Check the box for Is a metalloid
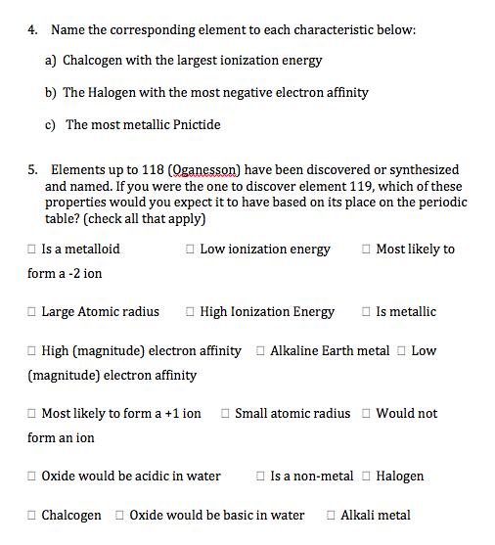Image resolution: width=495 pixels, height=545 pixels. (32, 250)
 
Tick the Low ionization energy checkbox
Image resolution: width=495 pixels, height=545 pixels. (190, 250)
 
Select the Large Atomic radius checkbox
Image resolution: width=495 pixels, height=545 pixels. (32, 312)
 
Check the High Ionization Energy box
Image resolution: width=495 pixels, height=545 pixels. (190, 312)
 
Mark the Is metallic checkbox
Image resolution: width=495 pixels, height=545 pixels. (366, 312)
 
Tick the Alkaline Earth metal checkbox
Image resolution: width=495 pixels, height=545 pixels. (260, 350)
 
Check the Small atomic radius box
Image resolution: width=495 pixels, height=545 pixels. (225, 414)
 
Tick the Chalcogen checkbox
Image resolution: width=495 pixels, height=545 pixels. (32, 516)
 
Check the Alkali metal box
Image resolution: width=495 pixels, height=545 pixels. (331, 516)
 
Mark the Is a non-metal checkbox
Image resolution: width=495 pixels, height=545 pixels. (260, 477)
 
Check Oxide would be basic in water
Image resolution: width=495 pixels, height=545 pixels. (119, 516)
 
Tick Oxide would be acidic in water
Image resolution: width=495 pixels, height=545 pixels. (32, 477)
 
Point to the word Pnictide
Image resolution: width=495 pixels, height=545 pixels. (193, 124)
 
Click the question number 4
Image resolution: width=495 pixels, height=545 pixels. (32, 30)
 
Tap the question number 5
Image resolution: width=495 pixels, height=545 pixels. (32, 170)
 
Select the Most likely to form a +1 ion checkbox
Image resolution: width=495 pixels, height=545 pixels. (32, 414)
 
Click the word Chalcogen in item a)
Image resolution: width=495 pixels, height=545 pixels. (92, 61)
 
